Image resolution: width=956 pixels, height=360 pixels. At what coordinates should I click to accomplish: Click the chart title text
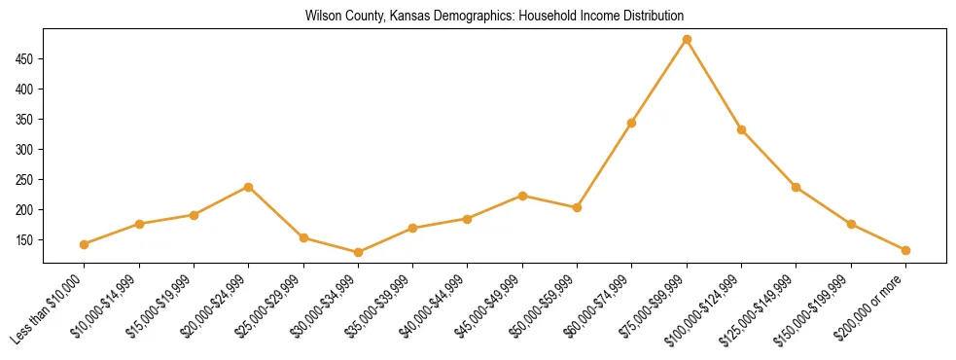[494, 17]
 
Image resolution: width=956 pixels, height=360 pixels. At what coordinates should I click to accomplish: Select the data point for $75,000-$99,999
[687, 40]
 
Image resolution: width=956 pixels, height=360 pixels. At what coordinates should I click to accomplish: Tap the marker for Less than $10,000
[85, 244]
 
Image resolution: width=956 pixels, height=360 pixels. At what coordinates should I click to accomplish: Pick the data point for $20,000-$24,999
[249, 187]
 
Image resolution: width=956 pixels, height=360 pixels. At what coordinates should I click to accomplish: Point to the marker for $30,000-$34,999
[358, 252]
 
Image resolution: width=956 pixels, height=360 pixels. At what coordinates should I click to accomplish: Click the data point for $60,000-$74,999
[632, 123]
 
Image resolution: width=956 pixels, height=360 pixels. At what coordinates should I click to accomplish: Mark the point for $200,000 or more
[905, 250]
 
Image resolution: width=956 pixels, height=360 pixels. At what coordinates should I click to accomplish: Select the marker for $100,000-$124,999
[741, 129]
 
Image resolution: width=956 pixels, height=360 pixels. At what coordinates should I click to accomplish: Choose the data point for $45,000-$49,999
[522, 196]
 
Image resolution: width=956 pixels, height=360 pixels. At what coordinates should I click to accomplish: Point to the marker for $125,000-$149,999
[797, 187]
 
